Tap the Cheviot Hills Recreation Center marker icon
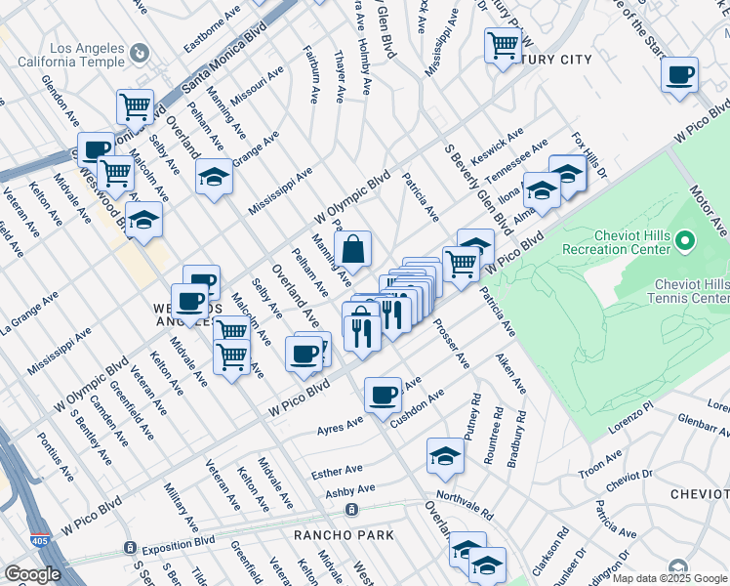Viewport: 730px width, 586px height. [x=686, y=239]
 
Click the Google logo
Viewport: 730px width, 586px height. [x=32, y=574]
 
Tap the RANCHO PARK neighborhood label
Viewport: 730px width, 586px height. [x=345, y=535]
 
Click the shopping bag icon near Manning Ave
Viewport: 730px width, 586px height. [x=353, y=250]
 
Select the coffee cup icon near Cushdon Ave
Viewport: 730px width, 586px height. [x=384, y=395]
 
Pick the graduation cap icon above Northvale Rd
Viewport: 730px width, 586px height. [x=445, y=456]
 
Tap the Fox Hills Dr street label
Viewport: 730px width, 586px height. [x=589, y=155]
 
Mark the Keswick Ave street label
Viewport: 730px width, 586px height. [x=497, y=146]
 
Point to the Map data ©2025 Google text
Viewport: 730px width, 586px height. [x=669, y=578]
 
